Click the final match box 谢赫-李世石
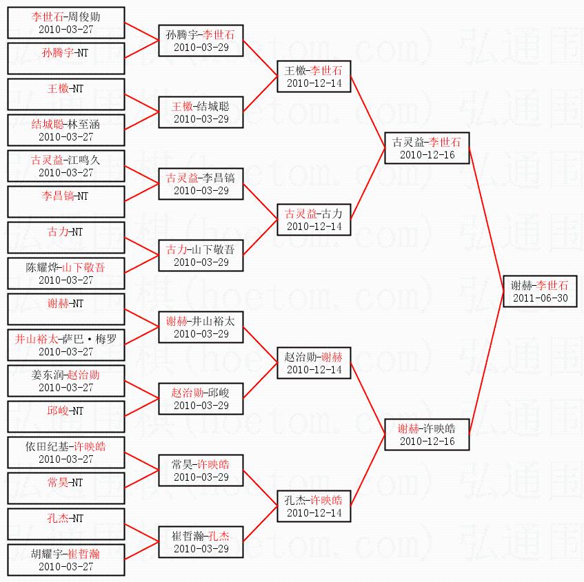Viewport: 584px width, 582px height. tap(540, 291)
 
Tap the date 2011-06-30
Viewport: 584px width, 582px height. tap(540, 298)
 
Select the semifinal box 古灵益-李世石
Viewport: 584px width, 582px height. tap(427, 148)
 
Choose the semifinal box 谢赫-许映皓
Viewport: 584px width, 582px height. tap(427, 434)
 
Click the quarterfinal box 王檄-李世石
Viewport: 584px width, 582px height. tap(314, 76)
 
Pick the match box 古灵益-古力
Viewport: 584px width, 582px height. tap(314, 220)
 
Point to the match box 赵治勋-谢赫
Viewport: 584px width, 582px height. tap(314, 363)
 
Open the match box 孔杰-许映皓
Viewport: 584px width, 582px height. tap(314, 506)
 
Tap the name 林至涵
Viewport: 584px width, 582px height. tap(83, 124)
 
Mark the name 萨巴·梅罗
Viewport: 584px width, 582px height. tap(89, 339)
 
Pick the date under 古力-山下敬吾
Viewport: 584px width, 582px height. tap(201, 262)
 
